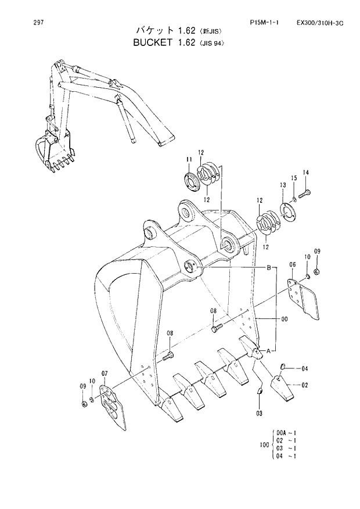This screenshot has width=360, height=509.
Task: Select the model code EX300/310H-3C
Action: pos(320,23)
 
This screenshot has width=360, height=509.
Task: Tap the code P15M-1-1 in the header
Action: pos(264,23)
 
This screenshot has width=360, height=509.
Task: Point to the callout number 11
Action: pos(189,160)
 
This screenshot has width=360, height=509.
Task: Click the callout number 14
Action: pos(306,172)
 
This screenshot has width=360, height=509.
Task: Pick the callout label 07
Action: pos(105,373)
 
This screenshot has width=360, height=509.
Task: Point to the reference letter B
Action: pos(268,267)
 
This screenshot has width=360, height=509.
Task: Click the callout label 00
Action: pos(285,319)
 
